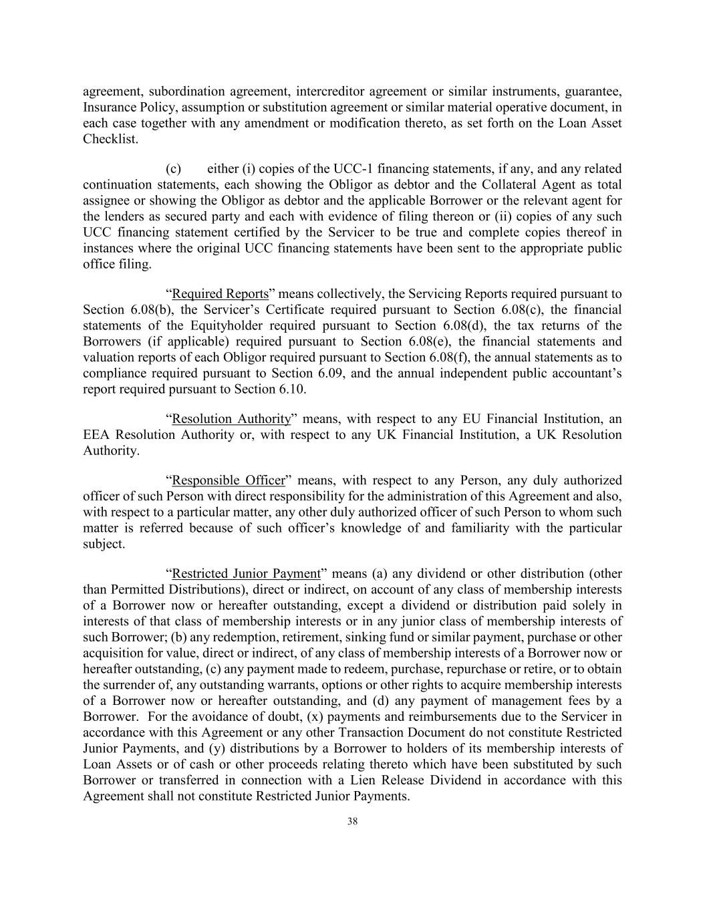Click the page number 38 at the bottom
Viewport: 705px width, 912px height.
[x=352, y=822]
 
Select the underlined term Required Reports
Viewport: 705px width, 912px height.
[x=220, y=294]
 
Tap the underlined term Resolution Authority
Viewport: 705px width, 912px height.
[x=231, y=419]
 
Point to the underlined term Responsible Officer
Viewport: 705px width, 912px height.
[x=228, y=480]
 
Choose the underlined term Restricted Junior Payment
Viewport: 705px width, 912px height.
[x=246, y=574]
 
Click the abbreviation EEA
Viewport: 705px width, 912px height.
[x=96, y=435]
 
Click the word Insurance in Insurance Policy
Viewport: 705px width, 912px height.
[x=108, y=108]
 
